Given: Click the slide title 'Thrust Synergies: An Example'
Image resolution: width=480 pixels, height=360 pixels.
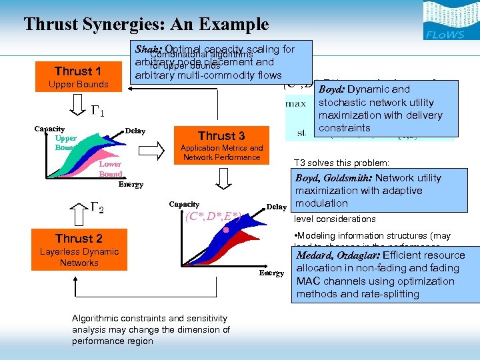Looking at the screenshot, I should (146, 25).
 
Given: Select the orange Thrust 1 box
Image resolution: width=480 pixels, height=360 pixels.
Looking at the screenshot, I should (78, 77).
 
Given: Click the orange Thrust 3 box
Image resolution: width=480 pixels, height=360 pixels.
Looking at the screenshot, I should (221, 143).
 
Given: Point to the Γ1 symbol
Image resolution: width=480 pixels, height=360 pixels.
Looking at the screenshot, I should (97, 112).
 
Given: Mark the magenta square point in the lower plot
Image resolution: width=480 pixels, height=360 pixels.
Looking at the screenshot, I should (226, 230).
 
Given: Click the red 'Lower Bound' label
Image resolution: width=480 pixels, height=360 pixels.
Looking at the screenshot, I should (110, 169).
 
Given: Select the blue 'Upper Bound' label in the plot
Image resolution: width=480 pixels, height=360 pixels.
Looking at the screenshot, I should (66, 143).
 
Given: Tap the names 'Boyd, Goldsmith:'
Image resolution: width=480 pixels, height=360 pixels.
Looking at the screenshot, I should (333, 178).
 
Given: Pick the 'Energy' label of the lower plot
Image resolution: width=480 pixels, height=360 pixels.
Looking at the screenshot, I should (271, 273).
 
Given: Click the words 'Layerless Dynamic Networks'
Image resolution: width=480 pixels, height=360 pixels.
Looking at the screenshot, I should (79, 257).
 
